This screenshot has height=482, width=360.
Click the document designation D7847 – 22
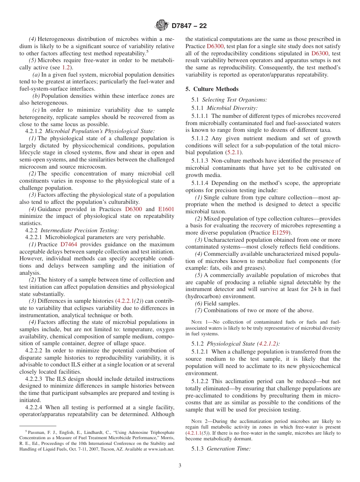(x=189, y=26)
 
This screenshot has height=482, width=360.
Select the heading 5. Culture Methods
(x=212, y=89)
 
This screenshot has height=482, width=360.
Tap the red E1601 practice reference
(x=166, y=209)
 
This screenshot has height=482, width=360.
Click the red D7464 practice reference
(x=69, y=244)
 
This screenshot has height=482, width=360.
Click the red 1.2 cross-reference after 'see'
(x=66, y=67)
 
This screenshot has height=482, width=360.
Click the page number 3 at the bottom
(x=180, y=466)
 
